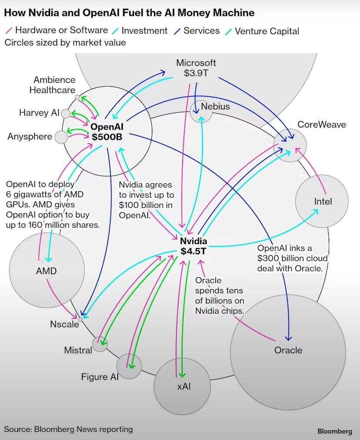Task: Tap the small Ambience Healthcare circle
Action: pyautogui.click(x=77, y=97)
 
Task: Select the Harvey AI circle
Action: pyautogui.click(x=65, y=114)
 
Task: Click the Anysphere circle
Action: pyautogui.click(x=61, y=138)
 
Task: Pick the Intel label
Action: pyautogui.click(x=323, y=202)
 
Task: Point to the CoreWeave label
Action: pyautogui.click(x=321, y=125)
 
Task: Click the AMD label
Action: pyautogui.click(x=46, y=271)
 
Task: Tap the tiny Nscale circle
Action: pyautogui.click(x=80, y=319)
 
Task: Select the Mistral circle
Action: pyautogui.click(x=100, y=344)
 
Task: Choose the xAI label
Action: pyautogui.click(x=182, y=386)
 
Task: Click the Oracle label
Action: pyautogui.click(x=288, y=350)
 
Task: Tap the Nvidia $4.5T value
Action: pyautogui.click(x=194, y=251)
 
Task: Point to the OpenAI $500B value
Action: pyautogui.click(x=107, y=138)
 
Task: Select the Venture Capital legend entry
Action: pyautogui.click(x=266, y=31)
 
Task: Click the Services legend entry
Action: pyautogui.click(x=201, y=31)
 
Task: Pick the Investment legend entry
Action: pyautogui.click(x=144, y=31)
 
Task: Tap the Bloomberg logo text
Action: pyautogui.click(x=334, y=431)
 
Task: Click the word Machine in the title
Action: pyautogui.click(x=230, y=13)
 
